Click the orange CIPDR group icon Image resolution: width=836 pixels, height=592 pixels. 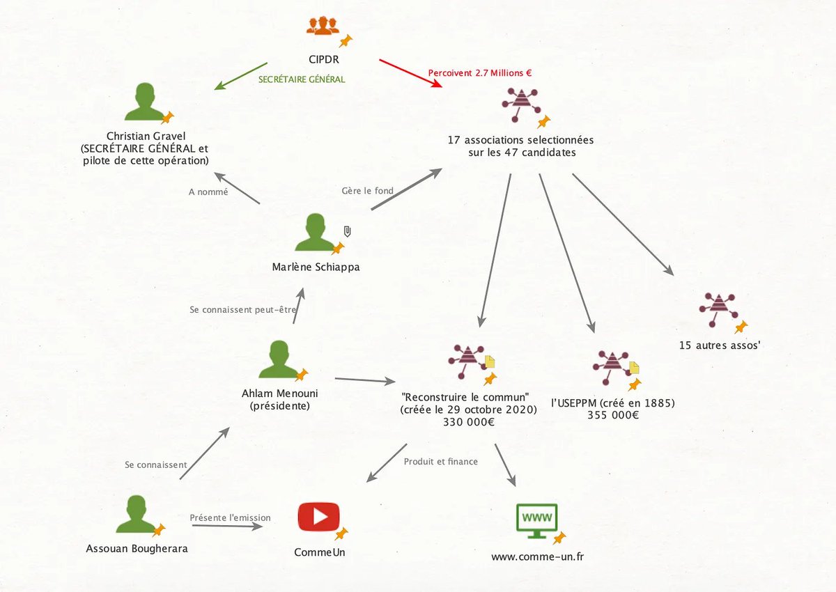322,26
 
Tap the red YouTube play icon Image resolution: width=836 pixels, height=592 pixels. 318,517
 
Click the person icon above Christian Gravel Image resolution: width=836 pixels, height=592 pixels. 144,102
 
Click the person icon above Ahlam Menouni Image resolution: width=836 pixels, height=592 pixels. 278,359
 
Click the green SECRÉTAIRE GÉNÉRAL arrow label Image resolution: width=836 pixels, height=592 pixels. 302,79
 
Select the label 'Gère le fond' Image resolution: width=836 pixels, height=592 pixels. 367,190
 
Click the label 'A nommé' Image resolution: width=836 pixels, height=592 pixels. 208,192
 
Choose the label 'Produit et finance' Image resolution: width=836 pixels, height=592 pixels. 441,461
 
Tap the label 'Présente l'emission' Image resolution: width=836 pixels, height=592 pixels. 231,517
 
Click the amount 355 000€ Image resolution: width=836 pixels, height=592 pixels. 612,415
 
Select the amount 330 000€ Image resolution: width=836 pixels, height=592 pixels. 469,422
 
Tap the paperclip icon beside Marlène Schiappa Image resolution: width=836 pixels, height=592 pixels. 347,231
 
